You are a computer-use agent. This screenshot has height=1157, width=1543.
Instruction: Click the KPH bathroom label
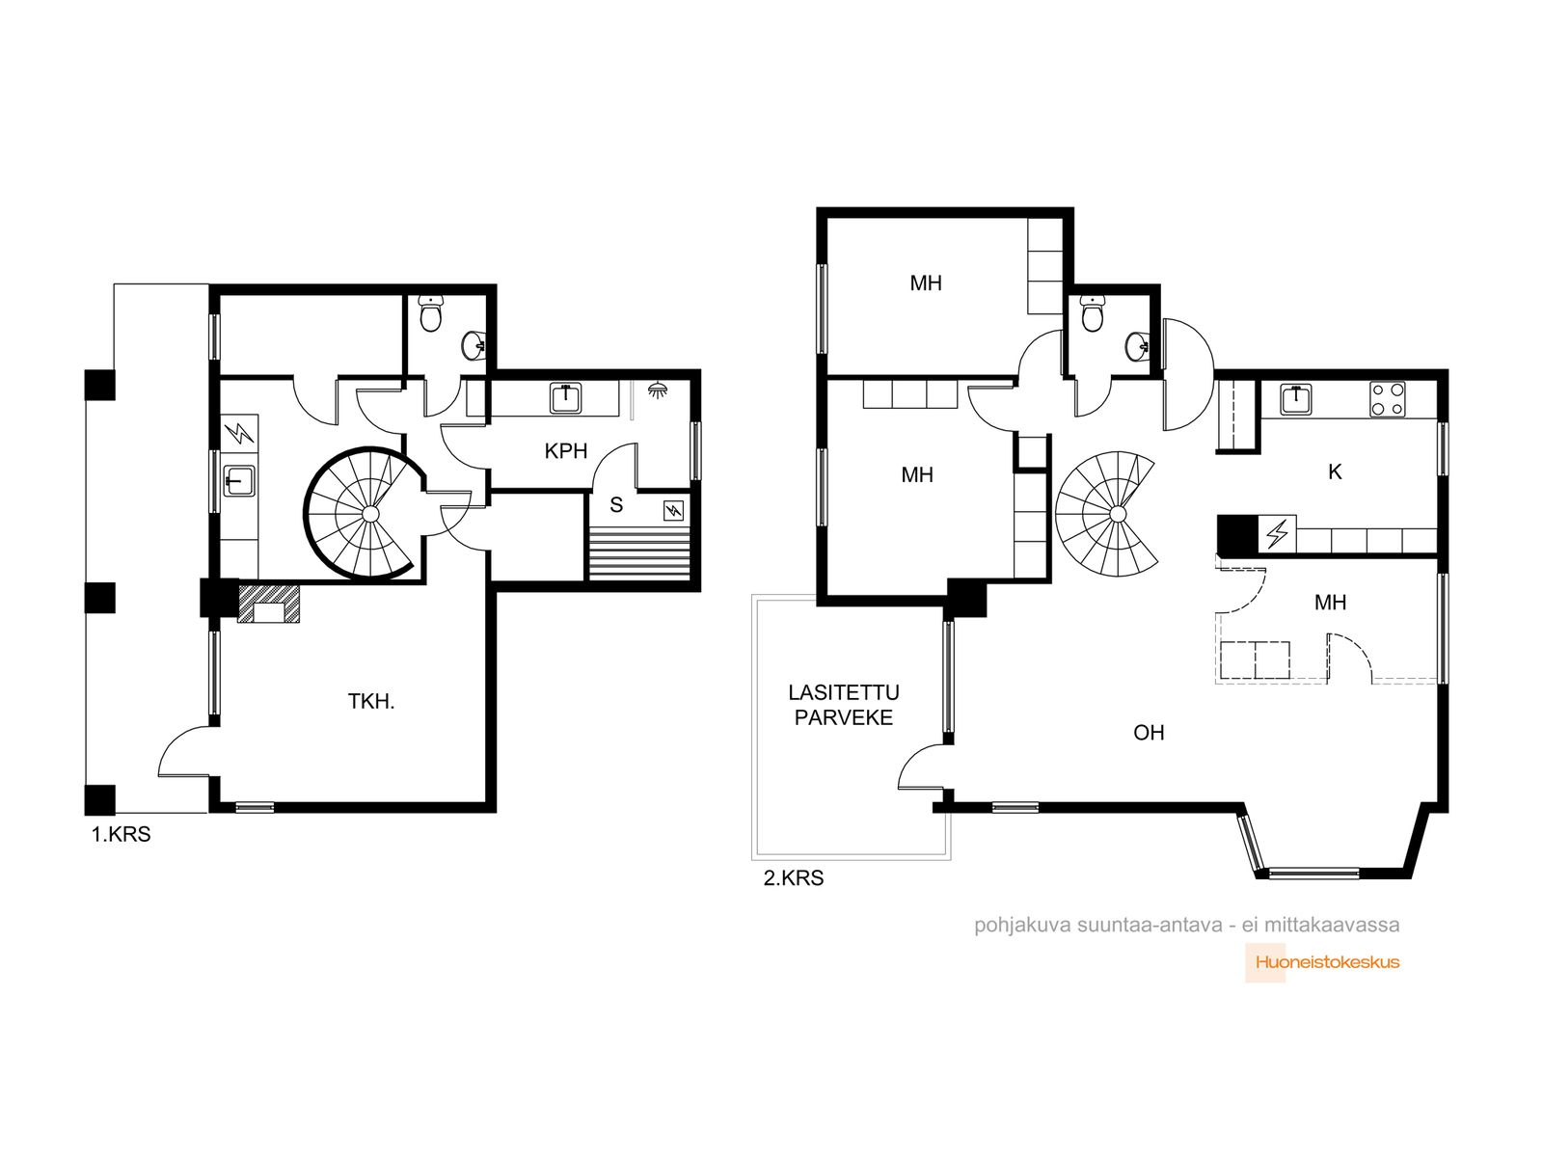[x=565, y=451]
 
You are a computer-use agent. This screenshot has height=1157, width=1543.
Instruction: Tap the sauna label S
[x=616, y=505]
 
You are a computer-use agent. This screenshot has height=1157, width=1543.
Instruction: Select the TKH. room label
[x=371, y=701]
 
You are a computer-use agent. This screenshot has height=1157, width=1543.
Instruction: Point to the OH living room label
[x=1149, y=733]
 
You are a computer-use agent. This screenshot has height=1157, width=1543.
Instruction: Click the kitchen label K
[x=1335, y=472]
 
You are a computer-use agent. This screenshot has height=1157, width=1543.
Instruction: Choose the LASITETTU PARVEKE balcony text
[x=844, y=705]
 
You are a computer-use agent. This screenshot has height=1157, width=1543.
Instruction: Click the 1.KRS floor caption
[x=121, y=835]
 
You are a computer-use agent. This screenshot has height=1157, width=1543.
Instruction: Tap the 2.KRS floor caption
[x=793, y=878]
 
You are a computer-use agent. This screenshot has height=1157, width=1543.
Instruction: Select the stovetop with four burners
[x=1387, y=399]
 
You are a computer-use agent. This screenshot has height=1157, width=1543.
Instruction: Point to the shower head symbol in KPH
[x=658, y=390]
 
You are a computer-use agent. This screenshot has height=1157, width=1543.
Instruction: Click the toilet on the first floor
[x=430, y=313]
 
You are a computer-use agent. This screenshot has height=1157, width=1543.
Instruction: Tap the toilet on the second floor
[x=1092, y=313]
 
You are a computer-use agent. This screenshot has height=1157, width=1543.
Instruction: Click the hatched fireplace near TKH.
[x=268, y=604]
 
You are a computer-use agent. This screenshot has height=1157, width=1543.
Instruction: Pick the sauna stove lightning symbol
[x=673, y=511]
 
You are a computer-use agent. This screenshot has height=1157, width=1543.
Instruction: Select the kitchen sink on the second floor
[x=1295, y=399]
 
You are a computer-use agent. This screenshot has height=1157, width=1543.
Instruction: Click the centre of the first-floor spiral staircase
[x=370, y=514]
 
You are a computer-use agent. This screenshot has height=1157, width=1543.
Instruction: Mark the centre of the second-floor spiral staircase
[x=1117, y=514]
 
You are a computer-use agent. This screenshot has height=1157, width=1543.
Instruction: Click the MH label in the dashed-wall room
[x=1330, y=602]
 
